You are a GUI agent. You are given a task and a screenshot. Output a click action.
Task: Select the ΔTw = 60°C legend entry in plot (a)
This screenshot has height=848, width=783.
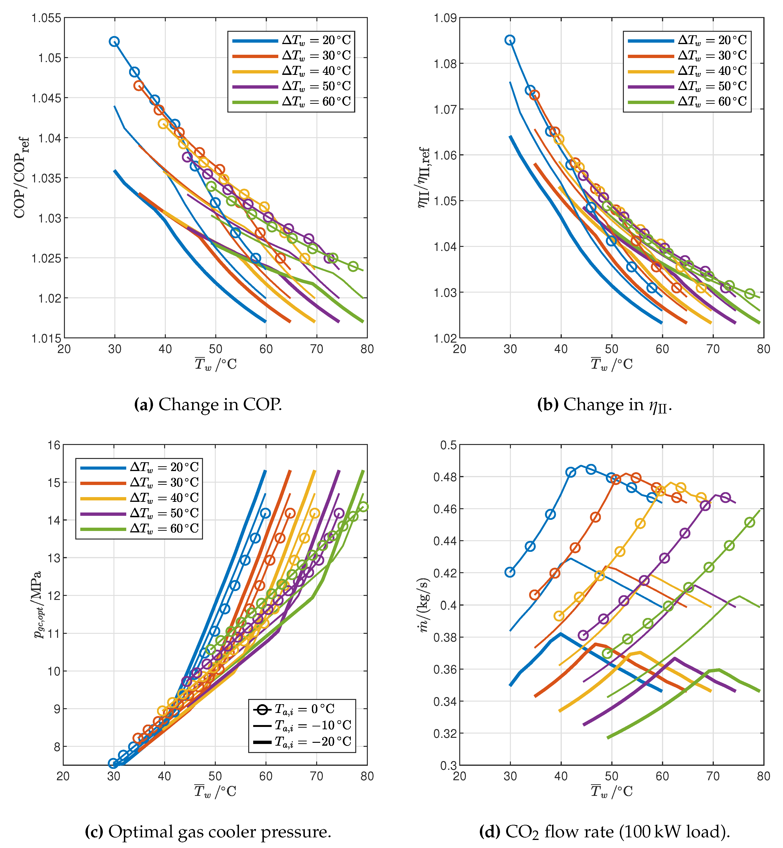316,102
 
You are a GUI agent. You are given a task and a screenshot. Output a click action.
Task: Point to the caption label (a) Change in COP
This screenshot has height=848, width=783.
208,405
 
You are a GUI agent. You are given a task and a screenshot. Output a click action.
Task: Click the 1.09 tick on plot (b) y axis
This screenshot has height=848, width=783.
445,18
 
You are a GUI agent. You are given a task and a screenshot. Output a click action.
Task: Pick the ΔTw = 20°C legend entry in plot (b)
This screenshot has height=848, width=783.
712,40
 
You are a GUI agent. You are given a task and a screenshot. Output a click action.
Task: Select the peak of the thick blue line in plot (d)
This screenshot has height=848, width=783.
561,634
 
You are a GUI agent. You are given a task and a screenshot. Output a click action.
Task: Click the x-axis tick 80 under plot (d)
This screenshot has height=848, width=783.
764,776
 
